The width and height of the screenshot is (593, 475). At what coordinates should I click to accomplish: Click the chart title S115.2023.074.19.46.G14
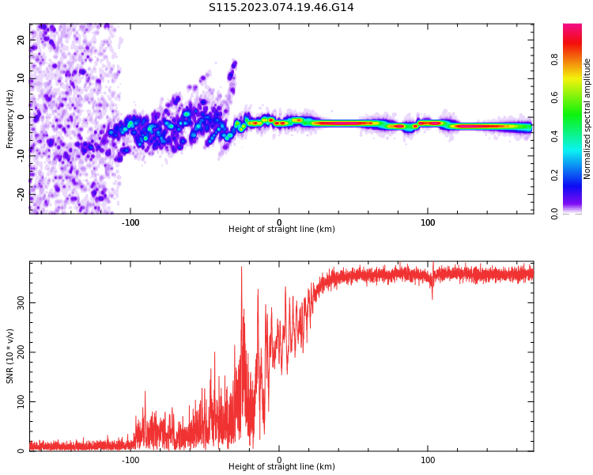click(281, 8)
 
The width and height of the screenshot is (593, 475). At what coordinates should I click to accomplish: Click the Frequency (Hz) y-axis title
click(10, 119)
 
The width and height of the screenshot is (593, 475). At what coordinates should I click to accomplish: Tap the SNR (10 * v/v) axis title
click(10, 356)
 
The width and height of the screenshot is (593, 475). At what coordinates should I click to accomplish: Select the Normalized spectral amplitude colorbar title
click(587, 119)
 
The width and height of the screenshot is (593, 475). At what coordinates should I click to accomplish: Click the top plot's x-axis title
click(281, 230)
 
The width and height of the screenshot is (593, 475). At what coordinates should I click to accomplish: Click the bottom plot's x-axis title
click(281, 467)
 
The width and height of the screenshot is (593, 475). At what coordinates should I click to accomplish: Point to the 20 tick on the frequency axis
click(22, 40)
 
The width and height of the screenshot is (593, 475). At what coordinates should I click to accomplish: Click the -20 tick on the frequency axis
click(22, 193)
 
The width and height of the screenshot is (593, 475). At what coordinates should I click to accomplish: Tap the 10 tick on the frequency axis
click(22, 78)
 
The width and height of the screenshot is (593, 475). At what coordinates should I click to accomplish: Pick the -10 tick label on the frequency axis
click(22, 155)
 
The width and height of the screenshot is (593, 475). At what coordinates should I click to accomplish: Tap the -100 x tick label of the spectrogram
click(130, 222)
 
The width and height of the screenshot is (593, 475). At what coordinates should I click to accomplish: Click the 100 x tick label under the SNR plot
click(428, 460)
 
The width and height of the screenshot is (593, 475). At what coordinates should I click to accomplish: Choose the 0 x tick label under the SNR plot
click(279, 460)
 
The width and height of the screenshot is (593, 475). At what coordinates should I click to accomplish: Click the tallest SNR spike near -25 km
click(242, 268)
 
